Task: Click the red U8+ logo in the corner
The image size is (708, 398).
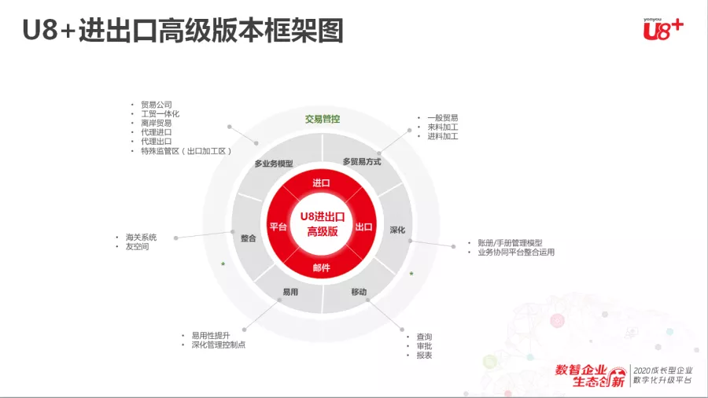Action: coord(663,29)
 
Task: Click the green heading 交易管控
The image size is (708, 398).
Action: coord(322,119)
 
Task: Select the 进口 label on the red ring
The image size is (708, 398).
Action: coord(321,182)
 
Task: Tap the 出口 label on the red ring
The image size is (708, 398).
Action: coord(363,227)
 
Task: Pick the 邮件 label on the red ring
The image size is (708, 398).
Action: coord(321,267)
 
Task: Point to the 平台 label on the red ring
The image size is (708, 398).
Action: coord(278,227)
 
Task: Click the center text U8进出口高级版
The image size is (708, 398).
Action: coord(323,224)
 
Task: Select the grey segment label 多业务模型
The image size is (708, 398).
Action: coord(274,164)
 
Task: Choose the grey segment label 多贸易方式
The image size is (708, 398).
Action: coord(362,161)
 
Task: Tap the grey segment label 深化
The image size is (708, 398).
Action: coord(397,230)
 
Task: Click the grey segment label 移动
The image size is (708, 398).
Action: coord(359,292)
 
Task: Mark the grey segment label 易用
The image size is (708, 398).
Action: coord(290,292)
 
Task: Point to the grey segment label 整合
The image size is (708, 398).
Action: coord(249,238)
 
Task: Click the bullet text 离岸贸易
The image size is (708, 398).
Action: coord(157,123)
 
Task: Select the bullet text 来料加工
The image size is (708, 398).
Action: coord(442,127)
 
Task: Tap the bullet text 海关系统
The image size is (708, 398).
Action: coord(141,238)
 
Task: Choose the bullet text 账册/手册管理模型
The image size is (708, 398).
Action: coord(511,243)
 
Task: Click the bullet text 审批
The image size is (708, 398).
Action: coord(424,346)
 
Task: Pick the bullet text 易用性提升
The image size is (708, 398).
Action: coord(210,336)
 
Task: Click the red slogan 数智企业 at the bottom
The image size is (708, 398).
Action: coord(581,370)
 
